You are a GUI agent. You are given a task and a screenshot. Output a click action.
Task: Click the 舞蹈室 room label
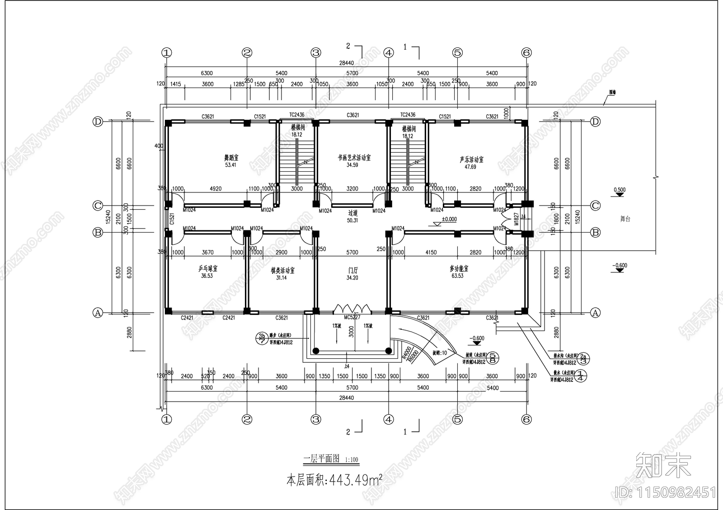coord(230,158)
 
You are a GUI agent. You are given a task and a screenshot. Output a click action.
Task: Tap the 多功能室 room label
coord(459,268)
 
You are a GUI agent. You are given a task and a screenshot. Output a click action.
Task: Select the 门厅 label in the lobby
coord(352,271)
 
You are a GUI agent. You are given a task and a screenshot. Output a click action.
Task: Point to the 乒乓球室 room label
coord(208,268)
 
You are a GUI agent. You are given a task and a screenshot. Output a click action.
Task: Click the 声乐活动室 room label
coord(471,159)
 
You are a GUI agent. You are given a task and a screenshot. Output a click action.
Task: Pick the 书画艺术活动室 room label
coord(354,158)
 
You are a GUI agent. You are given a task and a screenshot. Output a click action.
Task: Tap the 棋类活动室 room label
coord(282,271)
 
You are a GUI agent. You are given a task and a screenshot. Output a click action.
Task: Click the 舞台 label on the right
coord(624,219)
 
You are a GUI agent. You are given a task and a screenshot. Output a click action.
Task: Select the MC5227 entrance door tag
coord(352,317)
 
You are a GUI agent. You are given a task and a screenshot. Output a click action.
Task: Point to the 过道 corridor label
coord(352,213)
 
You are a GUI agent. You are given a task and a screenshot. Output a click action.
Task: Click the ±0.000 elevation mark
coord(449,219)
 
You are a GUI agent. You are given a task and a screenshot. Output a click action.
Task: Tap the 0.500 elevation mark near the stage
coord(620,190)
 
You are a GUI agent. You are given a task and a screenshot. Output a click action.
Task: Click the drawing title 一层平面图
coord(321,459)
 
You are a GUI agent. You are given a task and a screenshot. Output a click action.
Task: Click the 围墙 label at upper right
coord(612,92)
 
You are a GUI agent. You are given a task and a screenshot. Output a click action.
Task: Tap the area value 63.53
coord(457,276)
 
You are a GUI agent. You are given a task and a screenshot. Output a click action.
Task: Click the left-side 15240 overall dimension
coord(108,217)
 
